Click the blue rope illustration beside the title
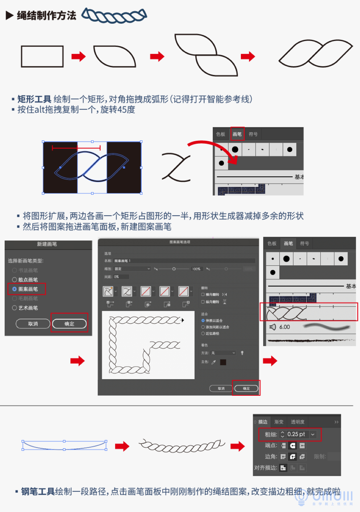click(x=114, y=15)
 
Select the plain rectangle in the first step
click(x=42, y=57)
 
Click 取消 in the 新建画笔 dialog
click(x=33, y=324)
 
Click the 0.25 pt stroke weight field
click(x=296, y=434)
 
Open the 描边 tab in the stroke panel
click(x=262, y=422)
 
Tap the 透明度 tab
click(x=297, y=422)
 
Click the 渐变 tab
click(x=279, y=422)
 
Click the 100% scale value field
click(x=196, y=269)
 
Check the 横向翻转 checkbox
click(x=203, y=295)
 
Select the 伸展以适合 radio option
click(x=203, y=320)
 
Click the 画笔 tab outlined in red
click(x=237, y=134)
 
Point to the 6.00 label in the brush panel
click(x=284, y=327)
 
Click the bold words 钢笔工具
click(x=38, y=491)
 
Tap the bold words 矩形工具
click(x=34, y=99)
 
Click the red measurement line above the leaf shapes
click(x=76, y=148)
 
